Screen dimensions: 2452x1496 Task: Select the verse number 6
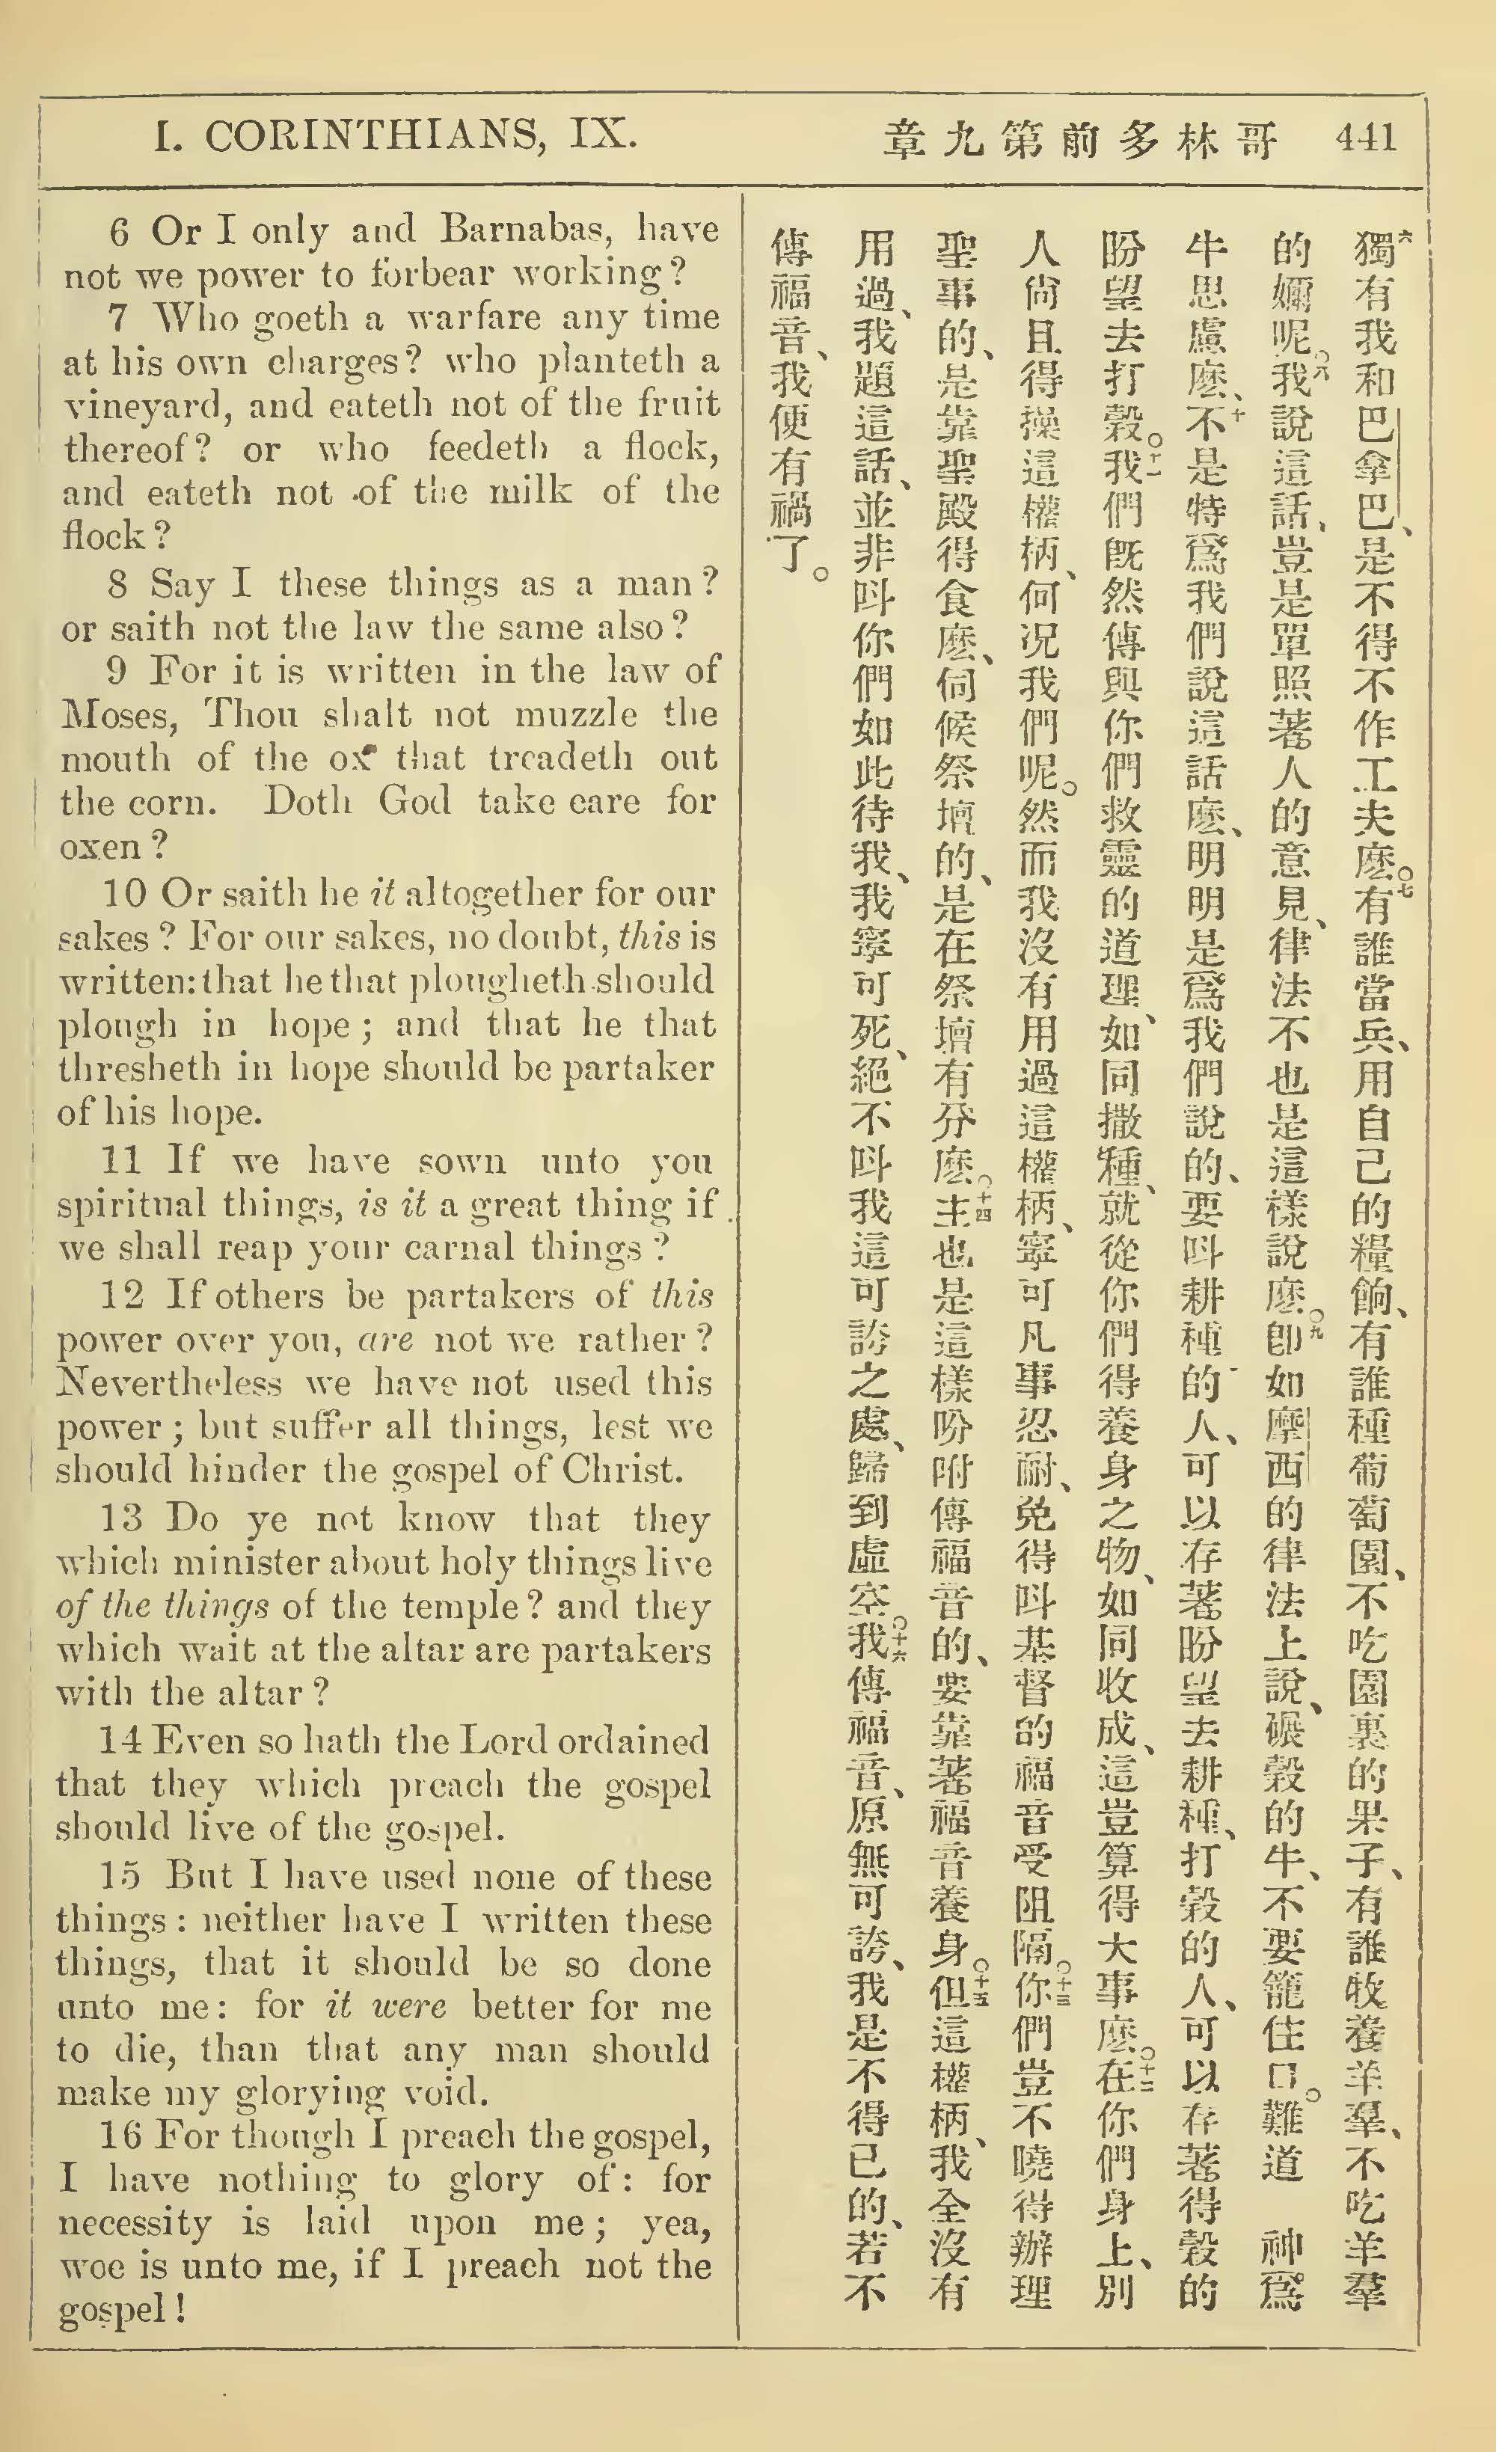pyautogui.click(x=120, y=233)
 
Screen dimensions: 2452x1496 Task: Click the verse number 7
pyautogui.click(x=118, y=319)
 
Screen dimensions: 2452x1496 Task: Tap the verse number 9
pyautogui.click(x=117, y=672)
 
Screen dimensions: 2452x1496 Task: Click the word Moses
pyautogui.click(x=120, y=716)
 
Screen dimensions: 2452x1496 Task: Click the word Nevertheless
pyautogui.click(x=169, y=1383)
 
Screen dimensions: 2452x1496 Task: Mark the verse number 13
pyautogui.click(x=121, y=1518)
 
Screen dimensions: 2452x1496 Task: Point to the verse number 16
pyautogui.click(x=121, y=2136)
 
